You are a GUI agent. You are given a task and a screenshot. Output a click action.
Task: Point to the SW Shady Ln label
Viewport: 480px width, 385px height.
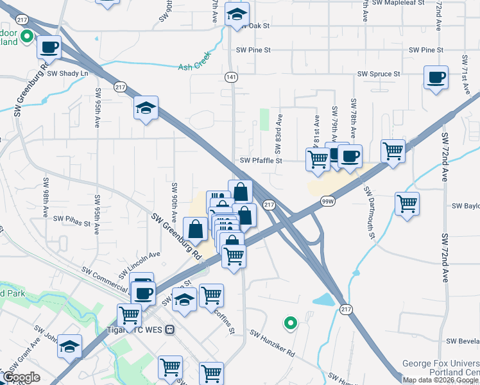click(67, 73)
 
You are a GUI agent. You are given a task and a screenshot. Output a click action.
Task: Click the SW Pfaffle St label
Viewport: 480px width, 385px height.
click(261, 161)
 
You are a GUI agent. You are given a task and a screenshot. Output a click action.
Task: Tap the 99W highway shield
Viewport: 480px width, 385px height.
click(327, 201)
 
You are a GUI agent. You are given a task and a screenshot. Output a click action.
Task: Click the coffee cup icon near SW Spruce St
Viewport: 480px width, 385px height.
click(436, 78)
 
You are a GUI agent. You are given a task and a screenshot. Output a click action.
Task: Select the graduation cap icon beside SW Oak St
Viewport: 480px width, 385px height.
click(237, 15)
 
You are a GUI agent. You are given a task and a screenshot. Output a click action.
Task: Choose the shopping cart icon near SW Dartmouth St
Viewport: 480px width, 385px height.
click(407, 204)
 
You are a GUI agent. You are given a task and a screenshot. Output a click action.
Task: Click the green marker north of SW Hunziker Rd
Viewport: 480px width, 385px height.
click(290, 323)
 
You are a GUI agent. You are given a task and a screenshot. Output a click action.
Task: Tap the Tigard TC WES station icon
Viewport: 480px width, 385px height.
click(169, 330)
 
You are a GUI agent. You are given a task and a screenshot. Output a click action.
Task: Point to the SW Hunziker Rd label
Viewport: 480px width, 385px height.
click(272, 344)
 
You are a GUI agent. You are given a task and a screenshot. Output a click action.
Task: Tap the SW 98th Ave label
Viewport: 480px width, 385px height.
click(46, 196)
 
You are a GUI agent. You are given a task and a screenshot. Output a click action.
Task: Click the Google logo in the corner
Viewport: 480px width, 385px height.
click(21, 378)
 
